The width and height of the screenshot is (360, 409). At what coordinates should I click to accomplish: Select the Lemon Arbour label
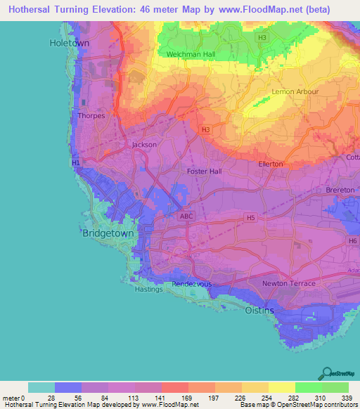pos(295,92)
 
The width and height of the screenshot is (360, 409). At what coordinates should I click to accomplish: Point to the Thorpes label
pos(92,116)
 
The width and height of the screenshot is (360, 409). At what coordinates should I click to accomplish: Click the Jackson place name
pos(144,145)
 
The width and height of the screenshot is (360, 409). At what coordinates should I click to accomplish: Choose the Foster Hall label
pos(205,171)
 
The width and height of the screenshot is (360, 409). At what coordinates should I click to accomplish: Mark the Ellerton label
pos(271,164)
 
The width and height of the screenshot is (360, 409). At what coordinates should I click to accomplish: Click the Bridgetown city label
pos(108,233)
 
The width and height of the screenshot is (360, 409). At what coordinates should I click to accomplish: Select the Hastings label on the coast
pos(148,289)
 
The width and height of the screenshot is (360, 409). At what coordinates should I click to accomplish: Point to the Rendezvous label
pos(193,284)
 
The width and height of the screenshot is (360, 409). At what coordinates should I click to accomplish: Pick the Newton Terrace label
pos(288,283)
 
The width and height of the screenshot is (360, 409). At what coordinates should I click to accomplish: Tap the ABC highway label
pos(186,217)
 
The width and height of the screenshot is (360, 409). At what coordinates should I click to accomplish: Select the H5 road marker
pos(250,218)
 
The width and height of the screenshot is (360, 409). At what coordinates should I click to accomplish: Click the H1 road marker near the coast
pos(76,163)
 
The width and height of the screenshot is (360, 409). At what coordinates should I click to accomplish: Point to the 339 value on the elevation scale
pos(348,398)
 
